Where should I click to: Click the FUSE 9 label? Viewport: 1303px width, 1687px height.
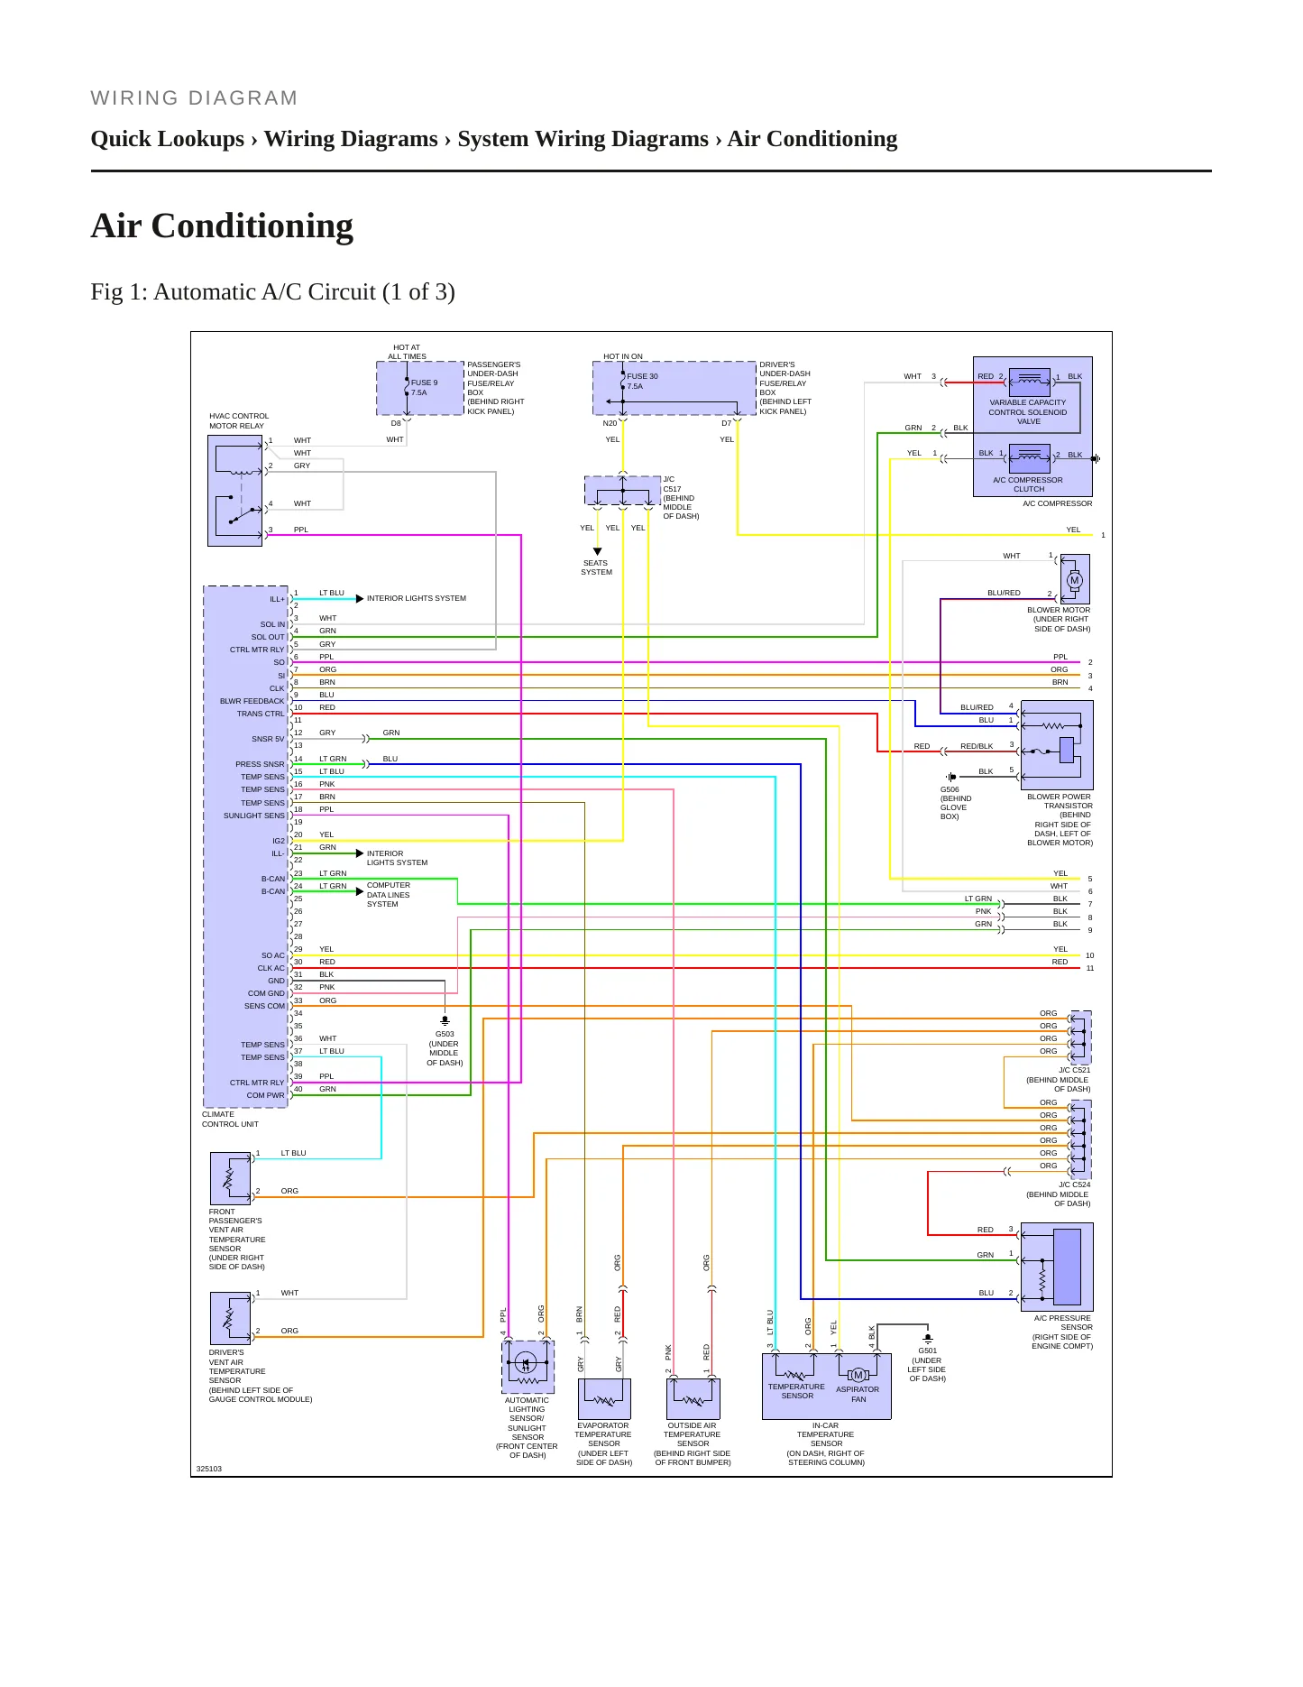[x=424, y=383]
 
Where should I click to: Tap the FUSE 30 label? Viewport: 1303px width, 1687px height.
[x=642, y=376]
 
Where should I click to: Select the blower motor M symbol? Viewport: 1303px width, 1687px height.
[x=1074, y=581]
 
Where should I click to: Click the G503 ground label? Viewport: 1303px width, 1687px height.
[x=445, y=1034]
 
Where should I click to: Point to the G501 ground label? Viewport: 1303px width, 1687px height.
[x=927, y=1351]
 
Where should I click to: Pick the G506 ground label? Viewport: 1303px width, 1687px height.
[x=950, y=789]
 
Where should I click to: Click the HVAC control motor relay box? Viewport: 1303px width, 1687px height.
[x=235, y=491]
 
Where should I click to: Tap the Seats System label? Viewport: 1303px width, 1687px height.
[x=596, y=567]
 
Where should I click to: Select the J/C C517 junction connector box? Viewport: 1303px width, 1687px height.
[x=623, y=491]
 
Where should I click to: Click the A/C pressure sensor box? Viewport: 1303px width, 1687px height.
[x=1057, y=1267]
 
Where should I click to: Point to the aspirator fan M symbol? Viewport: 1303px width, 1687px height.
[x=858, y=1375]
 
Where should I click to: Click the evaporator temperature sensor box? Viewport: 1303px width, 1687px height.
[x=604, y=1398]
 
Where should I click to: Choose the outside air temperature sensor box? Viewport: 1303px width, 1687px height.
[x=693, y=1398]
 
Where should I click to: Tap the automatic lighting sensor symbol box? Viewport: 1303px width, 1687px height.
[x=528, y=1367]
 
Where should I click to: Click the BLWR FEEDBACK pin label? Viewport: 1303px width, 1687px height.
[x=252, y=701]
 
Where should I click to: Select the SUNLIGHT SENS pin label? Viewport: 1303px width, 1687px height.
[x=254, y=816]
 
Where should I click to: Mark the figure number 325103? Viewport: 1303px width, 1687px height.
[x=209, y=1469]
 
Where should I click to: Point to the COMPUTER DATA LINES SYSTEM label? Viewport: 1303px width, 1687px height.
[x=389, y=895]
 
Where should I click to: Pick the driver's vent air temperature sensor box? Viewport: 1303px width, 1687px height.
[x=231, y=1318]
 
